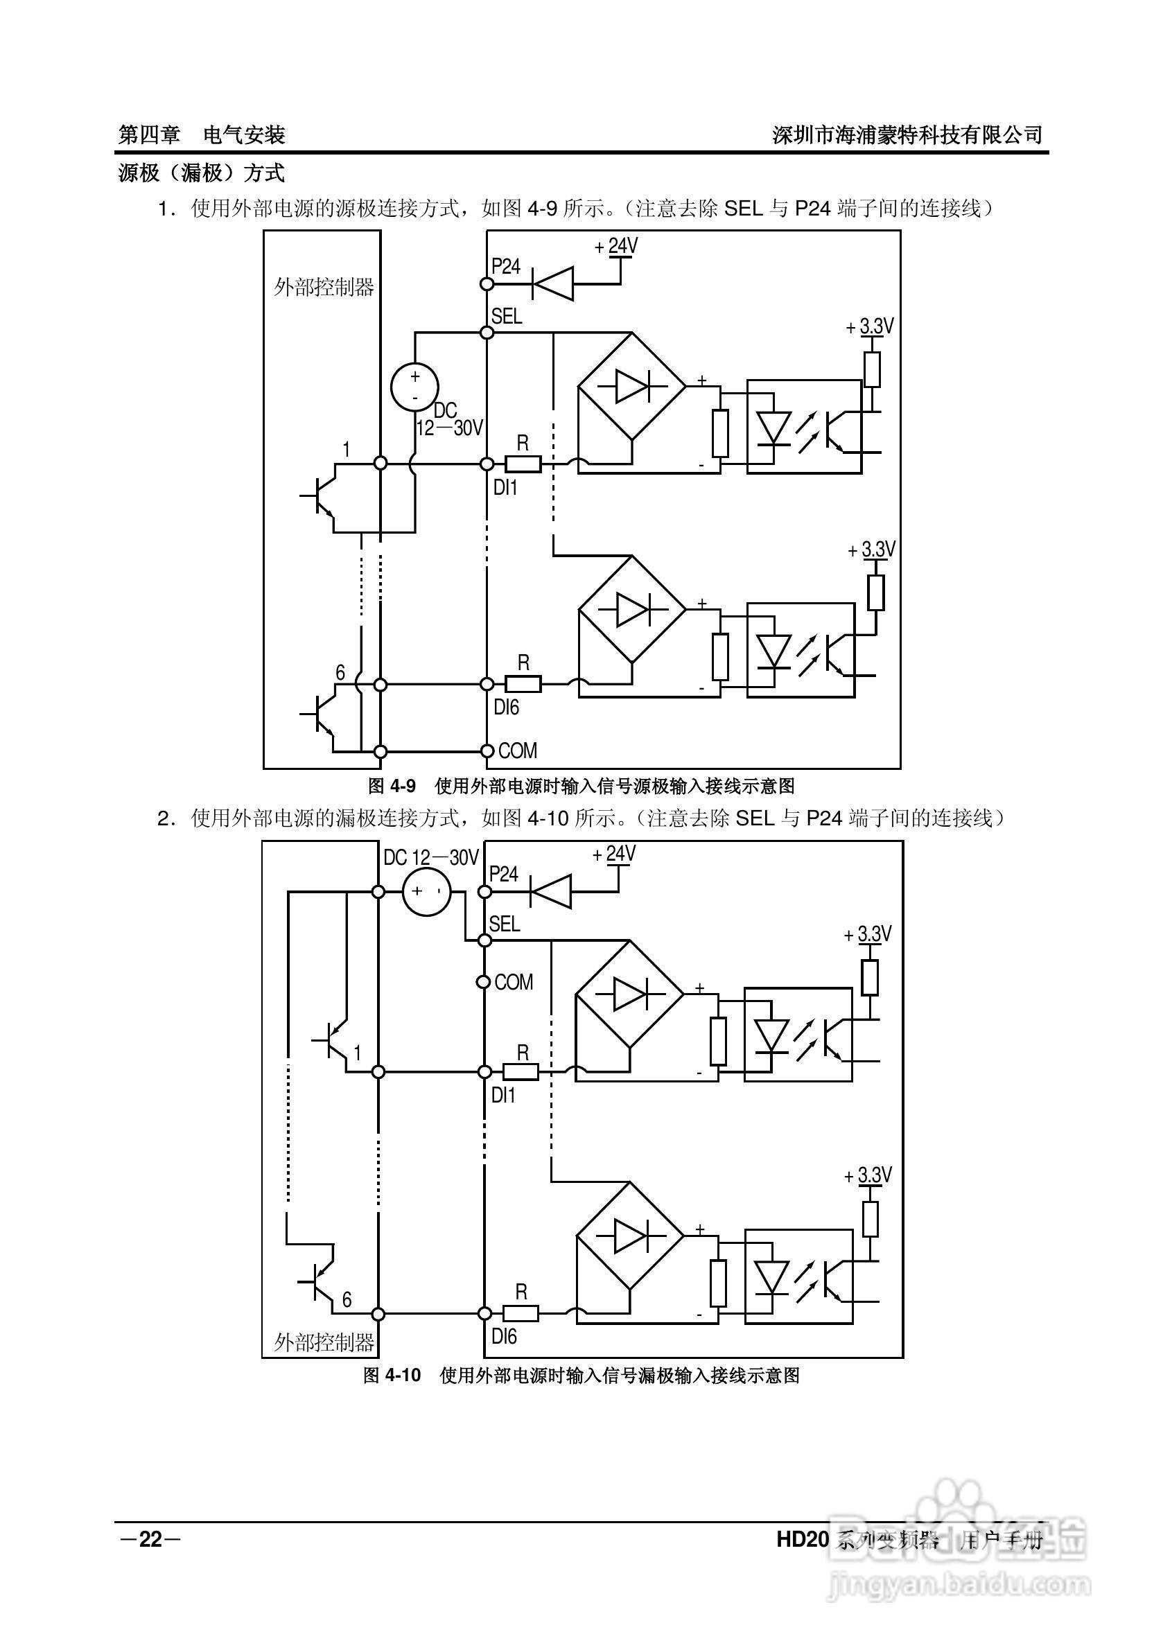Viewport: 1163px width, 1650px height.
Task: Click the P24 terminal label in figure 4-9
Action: click(505, 267)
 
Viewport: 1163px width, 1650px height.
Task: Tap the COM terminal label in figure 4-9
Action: click(518, 751)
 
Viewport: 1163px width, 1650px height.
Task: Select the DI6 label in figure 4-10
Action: click(504, 1337)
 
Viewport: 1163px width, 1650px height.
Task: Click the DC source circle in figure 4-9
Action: click(414, 387)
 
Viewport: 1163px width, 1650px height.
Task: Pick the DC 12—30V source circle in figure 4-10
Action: click(426, 892)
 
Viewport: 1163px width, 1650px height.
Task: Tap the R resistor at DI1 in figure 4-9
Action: click(523, 464)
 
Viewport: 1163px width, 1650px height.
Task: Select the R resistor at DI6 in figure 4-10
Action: click(521, 1314)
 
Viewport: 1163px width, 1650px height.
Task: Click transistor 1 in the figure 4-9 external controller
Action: click(321, 496)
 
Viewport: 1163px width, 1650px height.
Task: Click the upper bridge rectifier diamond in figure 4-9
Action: click(632, 387)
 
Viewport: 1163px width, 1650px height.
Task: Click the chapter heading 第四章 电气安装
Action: click(202, 134)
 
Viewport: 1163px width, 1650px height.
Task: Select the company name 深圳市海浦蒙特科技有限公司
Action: click(907, 134)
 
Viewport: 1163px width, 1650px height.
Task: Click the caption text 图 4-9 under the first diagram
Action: click(392, 787)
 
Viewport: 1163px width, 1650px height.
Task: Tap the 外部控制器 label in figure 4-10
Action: click(324, 1342)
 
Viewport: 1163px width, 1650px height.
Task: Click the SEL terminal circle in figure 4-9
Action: click(487, 333)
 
